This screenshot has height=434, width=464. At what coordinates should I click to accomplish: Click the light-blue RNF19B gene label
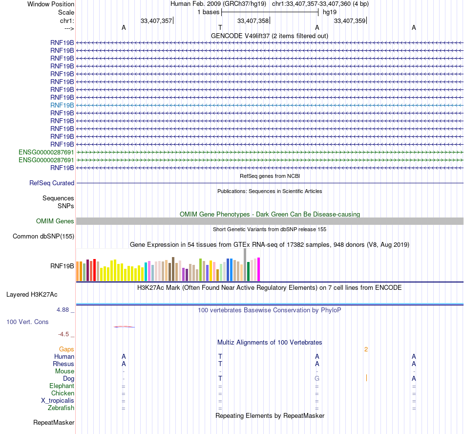62,105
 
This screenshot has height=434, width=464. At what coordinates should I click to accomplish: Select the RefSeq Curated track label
52,183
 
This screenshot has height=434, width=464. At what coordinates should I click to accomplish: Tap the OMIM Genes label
55,221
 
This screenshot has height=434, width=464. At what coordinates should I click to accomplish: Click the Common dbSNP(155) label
43,237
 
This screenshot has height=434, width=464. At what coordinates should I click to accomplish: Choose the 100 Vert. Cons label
27,322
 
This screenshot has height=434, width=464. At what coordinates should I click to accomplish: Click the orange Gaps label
66,349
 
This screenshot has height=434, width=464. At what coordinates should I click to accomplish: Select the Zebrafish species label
61,408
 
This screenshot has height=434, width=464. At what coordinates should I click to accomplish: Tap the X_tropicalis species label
58,400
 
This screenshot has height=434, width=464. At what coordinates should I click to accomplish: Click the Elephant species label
62,386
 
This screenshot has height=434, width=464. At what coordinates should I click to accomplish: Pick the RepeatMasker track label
54,422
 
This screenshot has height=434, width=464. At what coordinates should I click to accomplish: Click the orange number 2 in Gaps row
366,349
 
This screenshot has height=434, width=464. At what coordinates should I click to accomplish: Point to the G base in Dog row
317,378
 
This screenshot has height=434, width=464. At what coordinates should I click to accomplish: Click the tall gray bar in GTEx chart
245,264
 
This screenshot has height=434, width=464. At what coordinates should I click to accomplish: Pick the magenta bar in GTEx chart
259,269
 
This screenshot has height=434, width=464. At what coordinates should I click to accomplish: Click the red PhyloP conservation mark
124,326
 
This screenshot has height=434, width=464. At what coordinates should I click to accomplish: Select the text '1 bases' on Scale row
209,12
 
